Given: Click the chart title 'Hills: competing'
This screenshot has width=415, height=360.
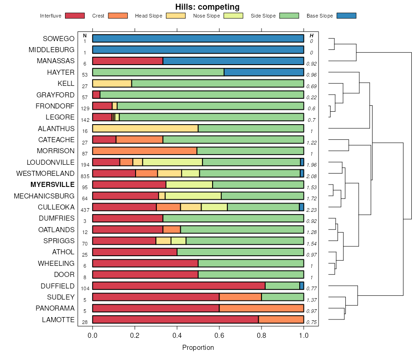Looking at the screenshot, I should [x=207, y=6].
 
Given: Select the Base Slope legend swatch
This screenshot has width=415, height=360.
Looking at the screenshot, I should [x=346, y=16].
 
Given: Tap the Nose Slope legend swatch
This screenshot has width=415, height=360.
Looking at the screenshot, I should [x=233, y=16].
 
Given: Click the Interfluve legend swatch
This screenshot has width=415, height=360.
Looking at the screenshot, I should [x=75, y=16].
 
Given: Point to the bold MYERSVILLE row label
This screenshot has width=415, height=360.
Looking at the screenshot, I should [x=52, y=185].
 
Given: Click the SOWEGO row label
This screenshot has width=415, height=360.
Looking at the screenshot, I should [x=59, y=38].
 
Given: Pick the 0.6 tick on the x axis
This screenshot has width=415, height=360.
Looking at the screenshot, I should [x=219, y=336].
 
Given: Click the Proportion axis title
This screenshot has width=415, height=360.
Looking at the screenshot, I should [x=198, y=348].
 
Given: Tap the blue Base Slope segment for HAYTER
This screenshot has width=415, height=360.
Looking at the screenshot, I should [x=264, y=72].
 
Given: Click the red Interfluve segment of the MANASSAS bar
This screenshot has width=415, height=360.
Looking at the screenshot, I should [x=128, y=61].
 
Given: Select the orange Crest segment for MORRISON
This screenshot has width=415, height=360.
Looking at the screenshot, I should [x=145, y=151].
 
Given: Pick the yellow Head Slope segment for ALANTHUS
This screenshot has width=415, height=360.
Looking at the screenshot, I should [x=145, y=128].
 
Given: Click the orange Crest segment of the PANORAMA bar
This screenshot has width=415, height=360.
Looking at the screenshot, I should [x=261, y=308].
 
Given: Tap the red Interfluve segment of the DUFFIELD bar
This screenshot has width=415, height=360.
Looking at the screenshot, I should [x=179, y=286].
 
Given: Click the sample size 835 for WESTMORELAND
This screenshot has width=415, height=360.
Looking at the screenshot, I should [x=85, y=176].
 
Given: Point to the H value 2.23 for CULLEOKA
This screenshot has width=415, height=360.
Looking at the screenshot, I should [x=312, y=210].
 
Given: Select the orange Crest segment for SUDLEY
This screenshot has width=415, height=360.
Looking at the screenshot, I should [x=240, y=297].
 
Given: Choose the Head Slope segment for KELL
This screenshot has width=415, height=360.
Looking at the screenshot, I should [x=112, y=84].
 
